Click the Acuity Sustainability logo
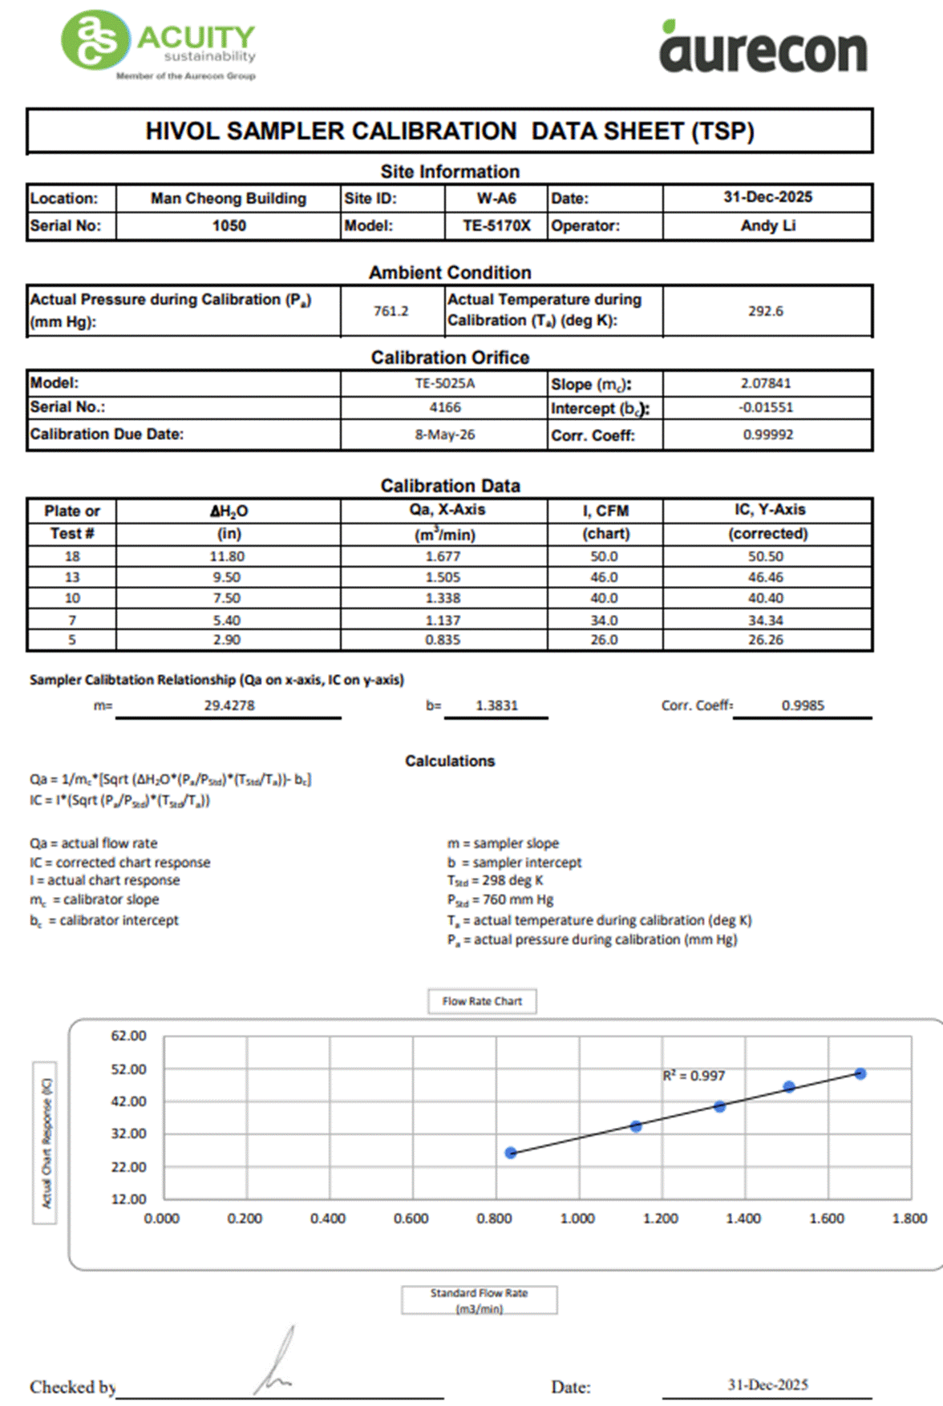coord(159,45)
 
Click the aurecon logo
coord(763,48)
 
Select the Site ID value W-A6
coord(496,198)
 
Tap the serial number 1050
coord(229,225)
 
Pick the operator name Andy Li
coord(767,225)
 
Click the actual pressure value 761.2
coord(391,311)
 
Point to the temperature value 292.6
coord(766,311)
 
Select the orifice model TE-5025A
coord(444,383)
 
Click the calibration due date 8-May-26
coord(444,434)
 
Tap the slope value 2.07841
coord(766,383)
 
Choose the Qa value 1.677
coord(443,556)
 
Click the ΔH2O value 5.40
coord(227,620)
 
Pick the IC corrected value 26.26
coord(766,640)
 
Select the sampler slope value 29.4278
coord(229,705)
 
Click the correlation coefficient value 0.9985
coord(803,705)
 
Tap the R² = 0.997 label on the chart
coord(694,1076)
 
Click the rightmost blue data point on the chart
coord(860,1073)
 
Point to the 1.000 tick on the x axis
coord(577,1218)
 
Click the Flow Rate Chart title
coord(482,1001)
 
